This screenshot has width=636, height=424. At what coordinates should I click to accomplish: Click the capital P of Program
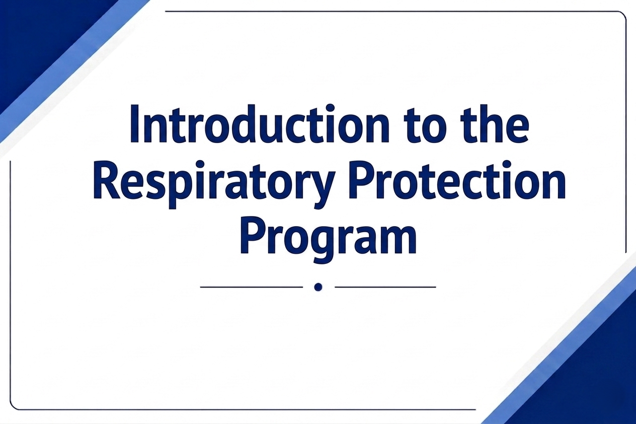252,236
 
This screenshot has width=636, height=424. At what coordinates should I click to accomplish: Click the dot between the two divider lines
319,287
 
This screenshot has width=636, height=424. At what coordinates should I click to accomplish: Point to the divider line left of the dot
251,287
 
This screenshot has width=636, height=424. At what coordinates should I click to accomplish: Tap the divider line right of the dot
385,287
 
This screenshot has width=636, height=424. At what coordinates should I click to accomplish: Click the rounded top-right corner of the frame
624,14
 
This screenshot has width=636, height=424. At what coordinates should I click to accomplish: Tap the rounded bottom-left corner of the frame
13,407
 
